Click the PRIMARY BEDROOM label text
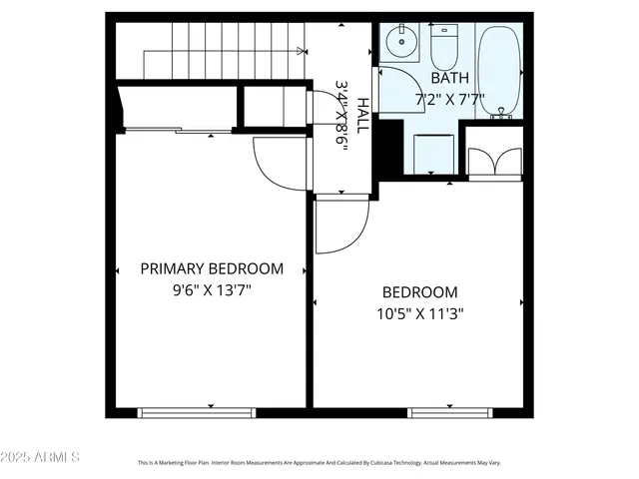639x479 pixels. [x=211, y=268]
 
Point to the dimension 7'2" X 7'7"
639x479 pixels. [x=449, y=99]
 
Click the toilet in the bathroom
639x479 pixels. [x=443, y=45]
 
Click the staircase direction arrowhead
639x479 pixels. [x=301, y=49]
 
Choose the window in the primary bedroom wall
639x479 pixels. [x=197, y=411]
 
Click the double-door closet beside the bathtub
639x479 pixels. [x=493, y=161]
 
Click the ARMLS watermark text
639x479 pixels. [x=41, y=457]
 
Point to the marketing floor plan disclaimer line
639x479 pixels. [x=319, y=463]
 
